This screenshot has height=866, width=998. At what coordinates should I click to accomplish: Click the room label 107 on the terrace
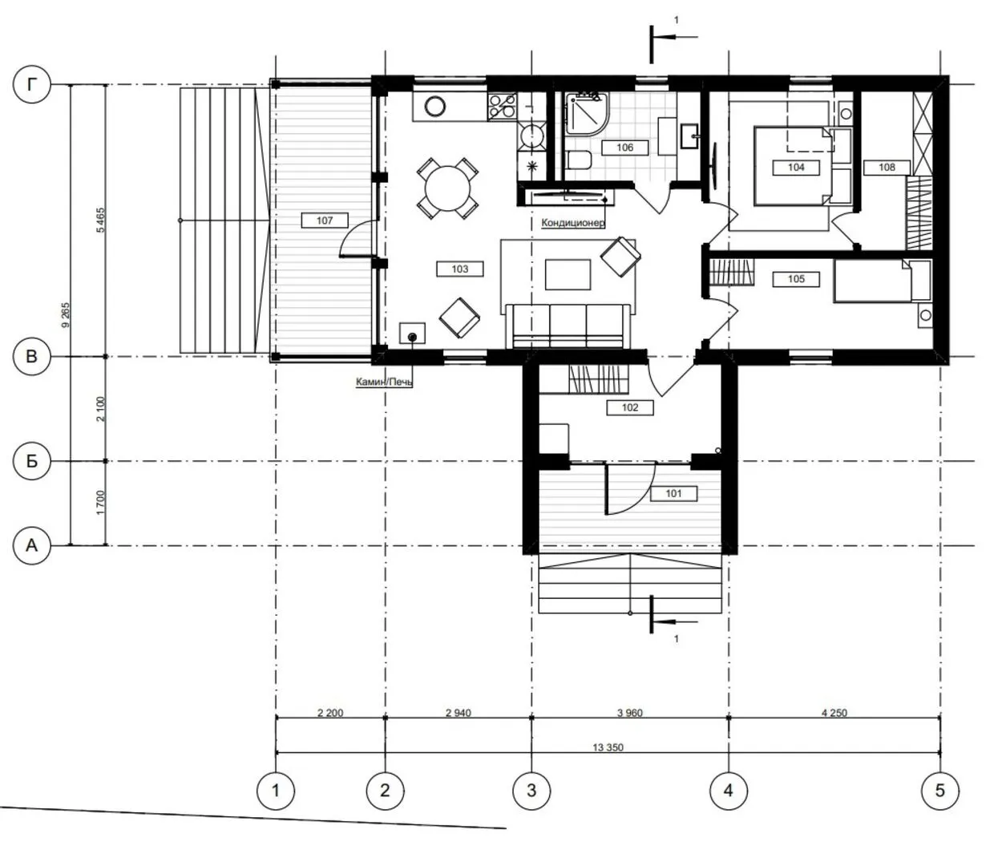(x=325, y=221)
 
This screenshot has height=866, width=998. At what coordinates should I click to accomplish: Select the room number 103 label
(x=459, y=269)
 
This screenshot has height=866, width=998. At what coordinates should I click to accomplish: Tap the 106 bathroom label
(x=624, y=148)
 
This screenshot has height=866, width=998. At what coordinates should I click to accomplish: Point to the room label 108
(x=887, y=168)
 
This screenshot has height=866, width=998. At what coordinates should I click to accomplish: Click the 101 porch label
(x=673, y=493)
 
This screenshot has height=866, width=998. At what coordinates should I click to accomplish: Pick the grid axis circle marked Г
(x=32, y=84)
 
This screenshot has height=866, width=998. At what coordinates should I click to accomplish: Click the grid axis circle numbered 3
(x=531, y=791)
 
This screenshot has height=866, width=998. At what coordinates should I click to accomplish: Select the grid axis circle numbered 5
(x=940, y=791)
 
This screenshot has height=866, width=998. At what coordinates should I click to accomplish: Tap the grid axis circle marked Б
(x=32, y=461)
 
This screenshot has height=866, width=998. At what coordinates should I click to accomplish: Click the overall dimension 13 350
(x=608, y=747)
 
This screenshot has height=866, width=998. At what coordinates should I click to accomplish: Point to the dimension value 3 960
(x=630, y=713)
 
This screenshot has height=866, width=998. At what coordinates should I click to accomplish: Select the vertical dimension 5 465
(x=100, y=221)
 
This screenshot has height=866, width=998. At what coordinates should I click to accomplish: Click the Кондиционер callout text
(x=572, y=223)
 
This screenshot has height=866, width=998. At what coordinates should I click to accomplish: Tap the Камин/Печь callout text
(x=384, y=382)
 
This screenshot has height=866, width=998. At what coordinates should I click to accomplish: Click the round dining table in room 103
(x=447, y=188)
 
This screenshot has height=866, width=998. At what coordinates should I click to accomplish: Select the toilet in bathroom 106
(x=580, y=160)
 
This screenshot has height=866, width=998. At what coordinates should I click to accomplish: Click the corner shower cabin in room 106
(x=587, y=113)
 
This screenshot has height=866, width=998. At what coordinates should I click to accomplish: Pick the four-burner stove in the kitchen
(x=502, y=106)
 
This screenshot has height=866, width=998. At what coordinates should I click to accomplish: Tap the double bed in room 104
(x=793, y=166)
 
